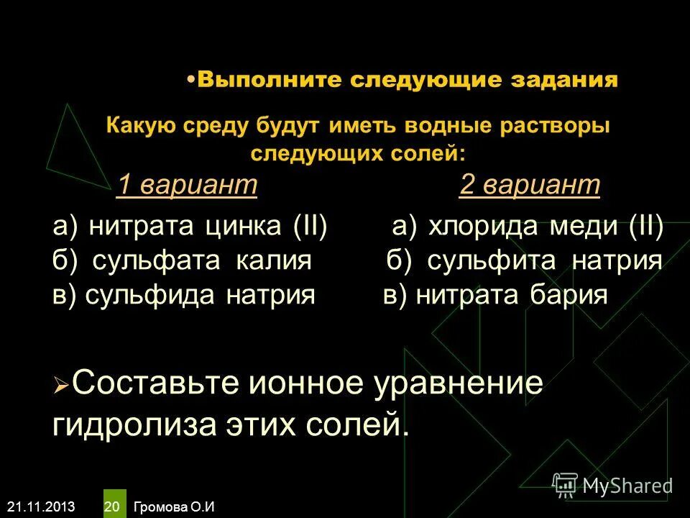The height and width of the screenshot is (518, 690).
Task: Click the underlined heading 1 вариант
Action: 187,185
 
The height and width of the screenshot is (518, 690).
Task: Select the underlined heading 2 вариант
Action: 529,185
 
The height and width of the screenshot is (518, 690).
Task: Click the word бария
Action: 570,295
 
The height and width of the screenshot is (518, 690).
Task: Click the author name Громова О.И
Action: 173,506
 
